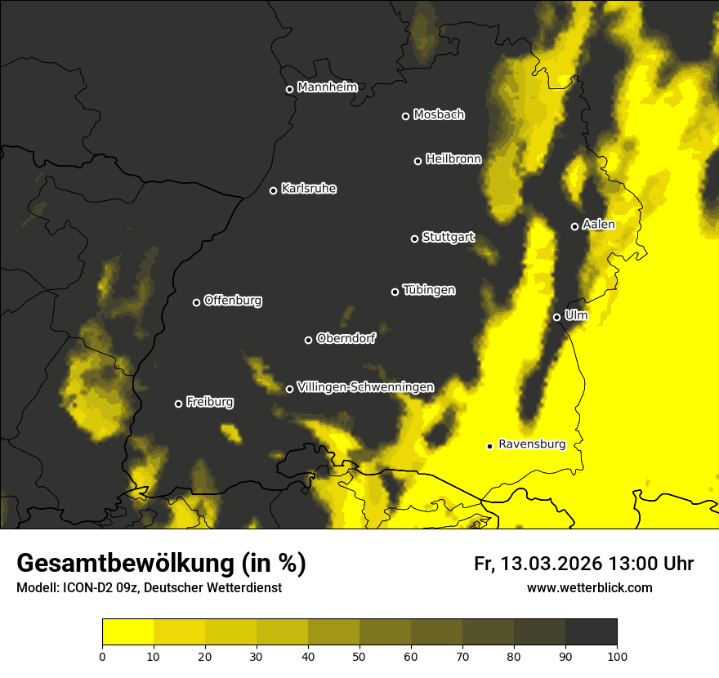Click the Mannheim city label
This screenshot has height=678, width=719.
point(327,87)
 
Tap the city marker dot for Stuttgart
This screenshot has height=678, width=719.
point(414,239)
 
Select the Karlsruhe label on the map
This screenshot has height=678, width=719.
point(308,189)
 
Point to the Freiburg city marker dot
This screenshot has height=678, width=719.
point(178,404)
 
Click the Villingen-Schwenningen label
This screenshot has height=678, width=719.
point(365,387)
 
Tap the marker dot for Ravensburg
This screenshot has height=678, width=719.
point(489,446)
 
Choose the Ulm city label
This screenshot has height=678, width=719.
point(575,315)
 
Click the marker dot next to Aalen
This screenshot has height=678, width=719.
point(574,226)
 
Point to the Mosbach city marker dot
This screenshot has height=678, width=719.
point(405,116)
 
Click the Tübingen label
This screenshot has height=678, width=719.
point(429,290)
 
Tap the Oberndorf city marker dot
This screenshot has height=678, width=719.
point(308,340)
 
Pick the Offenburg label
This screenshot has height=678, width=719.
point(233,301)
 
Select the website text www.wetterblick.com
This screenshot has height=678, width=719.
point(589,587)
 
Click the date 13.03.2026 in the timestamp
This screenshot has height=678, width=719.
point(552,564)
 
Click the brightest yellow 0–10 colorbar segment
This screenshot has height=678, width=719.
point(127,632)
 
